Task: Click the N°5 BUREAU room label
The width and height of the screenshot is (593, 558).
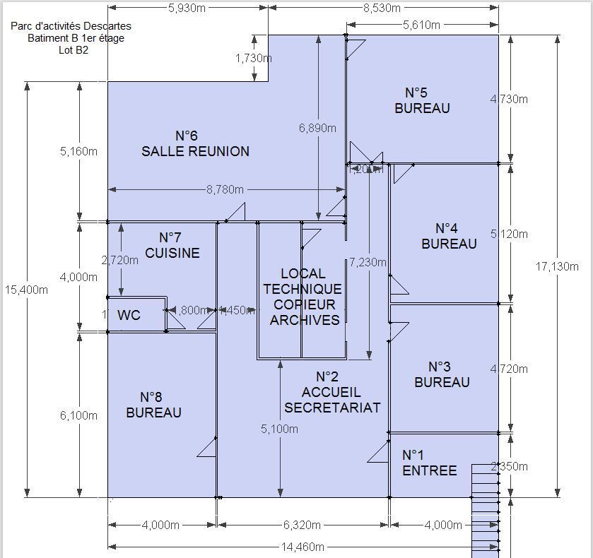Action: coord(422,100)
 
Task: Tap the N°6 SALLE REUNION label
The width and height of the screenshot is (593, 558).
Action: coord(195,143)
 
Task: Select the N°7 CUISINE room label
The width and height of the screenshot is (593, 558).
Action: coord(172,245)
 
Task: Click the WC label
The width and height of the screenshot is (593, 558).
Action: coord(129,315)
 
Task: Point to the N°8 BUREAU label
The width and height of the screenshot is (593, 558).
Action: coord(153,405)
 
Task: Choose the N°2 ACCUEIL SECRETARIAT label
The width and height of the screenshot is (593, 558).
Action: coord(331,392)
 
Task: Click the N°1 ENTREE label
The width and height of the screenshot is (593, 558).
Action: coord(429,463)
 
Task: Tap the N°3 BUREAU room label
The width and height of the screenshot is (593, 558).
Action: coord(442,374)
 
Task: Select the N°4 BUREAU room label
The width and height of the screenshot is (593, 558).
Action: coord(449,236)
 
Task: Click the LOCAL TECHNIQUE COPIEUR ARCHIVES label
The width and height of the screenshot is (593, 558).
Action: coord(302,297)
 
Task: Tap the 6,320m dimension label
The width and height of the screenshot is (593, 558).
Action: coord(301,525)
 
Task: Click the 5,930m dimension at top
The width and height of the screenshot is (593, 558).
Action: coord(187,8)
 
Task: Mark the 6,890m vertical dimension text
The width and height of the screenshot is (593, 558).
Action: coord(317,128)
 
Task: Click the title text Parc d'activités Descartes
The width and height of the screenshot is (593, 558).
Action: coord(71,26)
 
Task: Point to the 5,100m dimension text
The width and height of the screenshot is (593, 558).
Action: coord(279,429)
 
